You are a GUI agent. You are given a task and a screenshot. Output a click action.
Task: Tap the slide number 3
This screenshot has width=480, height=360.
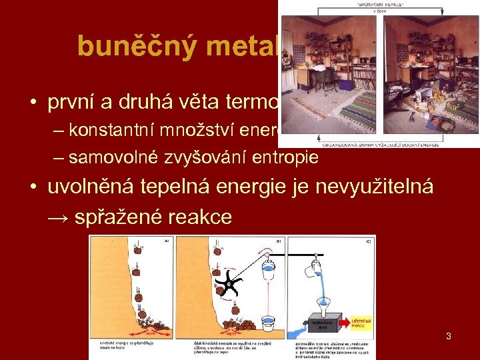click(x=449, y=336)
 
